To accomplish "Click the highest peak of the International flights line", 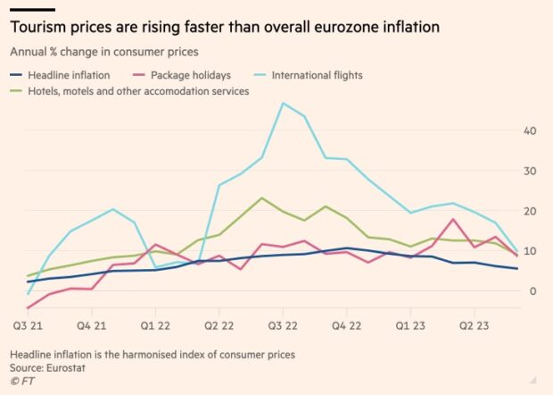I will pyautogui.click(x=283, y=103).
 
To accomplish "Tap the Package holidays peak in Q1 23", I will pyautogui.click(x=454, y=219).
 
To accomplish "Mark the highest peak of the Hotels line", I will pyautogui.click(x=261, y=197).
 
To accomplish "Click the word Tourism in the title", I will pyautogui.click(x=42, y=28).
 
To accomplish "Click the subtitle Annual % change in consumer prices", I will pyautogui.click(x=103, y=52).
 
